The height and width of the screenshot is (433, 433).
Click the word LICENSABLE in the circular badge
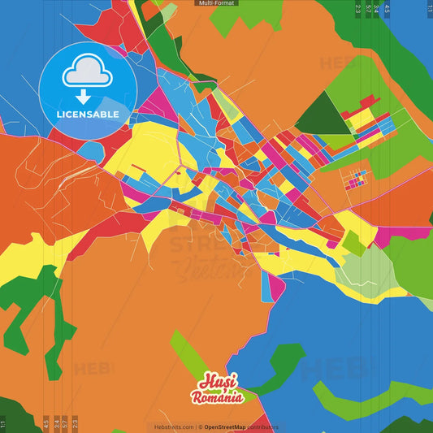[87, 115]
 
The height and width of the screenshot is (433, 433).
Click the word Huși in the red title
[215, 383]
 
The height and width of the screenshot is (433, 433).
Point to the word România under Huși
[217, 397]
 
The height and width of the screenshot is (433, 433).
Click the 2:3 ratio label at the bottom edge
[76, 423]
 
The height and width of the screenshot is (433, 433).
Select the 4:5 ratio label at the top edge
[387, 9]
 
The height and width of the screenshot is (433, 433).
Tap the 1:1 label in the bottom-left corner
[2, 423]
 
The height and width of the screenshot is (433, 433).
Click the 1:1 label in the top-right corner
[430, 9]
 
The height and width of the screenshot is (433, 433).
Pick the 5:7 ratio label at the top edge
[368, 9]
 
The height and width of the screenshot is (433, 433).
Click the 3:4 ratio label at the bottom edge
[56, 423]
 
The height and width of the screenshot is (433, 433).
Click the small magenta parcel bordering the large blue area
[276, 288]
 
